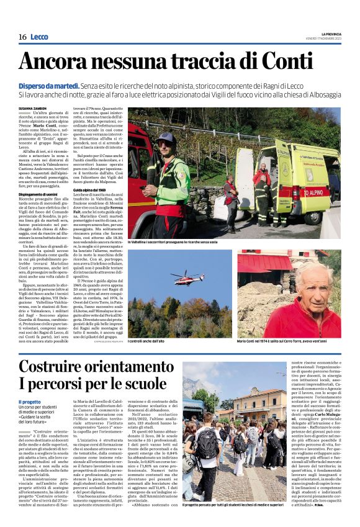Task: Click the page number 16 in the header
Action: (22, 37)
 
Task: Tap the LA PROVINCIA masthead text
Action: (331, 34)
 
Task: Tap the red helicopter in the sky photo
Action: (187, 275)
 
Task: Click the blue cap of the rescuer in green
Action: (165, 137)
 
